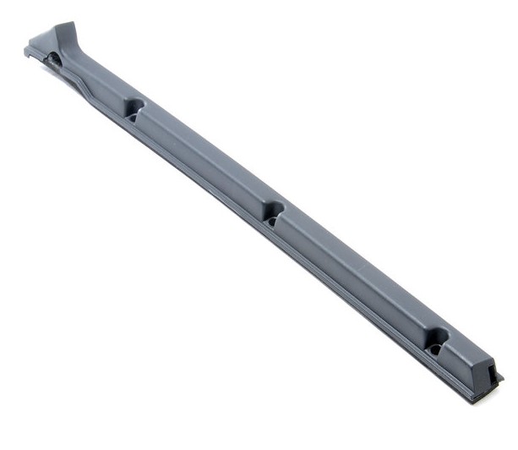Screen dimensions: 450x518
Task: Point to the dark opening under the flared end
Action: (52, 59)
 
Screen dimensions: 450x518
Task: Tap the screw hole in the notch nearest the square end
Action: (434, 348)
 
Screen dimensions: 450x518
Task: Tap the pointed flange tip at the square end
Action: (501, 376)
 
